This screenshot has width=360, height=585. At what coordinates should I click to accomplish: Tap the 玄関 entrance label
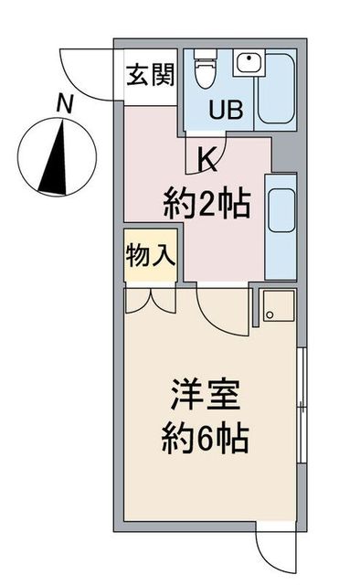coord(151,74)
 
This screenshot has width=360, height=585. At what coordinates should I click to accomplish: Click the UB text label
coord(226,112)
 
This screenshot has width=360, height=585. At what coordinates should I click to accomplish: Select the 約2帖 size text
coord(206,204)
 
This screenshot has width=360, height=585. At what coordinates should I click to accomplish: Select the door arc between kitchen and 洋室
coord(217,311)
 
